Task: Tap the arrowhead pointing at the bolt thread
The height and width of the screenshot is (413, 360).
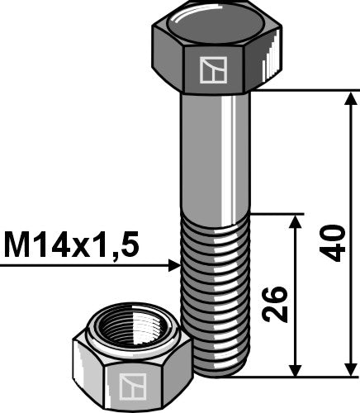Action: pos(174,265)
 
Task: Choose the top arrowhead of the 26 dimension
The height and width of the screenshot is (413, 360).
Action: pos(295,221)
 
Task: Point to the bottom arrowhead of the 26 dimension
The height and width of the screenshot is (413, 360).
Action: pos(295,369)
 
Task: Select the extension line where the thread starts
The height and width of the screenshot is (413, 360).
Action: pos(272,214)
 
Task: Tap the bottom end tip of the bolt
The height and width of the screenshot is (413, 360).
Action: pos(216,373)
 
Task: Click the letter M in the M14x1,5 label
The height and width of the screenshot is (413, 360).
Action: pos(18,244)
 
